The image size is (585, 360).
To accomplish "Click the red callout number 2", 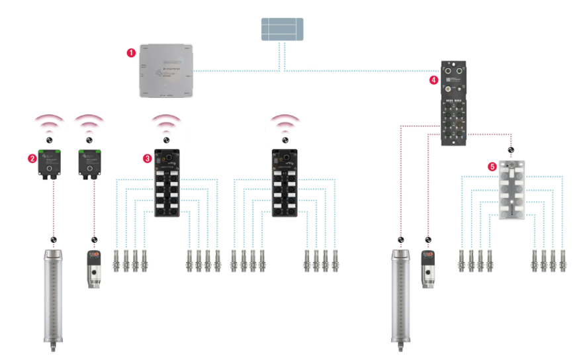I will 30,159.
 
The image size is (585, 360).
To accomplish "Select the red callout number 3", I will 148,158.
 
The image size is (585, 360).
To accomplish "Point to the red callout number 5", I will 492,167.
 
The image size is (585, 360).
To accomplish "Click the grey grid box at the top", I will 281,30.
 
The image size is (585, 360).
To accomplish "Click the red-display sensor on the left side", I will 94,269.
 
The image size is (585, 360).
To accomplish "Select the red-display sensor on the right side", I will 429,269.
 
